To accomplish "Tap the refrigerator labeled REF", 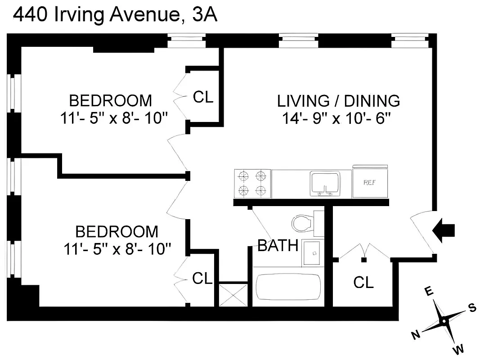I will coord(370,182).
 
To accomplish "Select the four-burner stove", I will coord(252,183).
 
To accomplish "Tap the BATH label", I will coord(278,246).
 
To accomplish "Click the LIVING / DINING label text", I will coord(338,100).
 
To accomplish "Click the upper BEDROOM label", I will coord(110,100).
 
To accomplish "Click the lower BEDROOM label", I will coord(117,232).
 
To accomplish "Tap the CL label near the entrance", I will coord(363,283).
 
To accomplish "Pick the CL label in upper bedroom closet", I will coord(203,97).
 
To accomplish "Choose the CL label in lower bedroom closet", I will coord(202,279).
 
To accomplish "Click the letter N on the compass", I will coord(416,334).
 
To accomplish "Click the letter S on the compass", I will coord(472,307).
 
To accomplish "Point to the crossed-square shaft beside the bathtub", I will coord(233,295).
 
